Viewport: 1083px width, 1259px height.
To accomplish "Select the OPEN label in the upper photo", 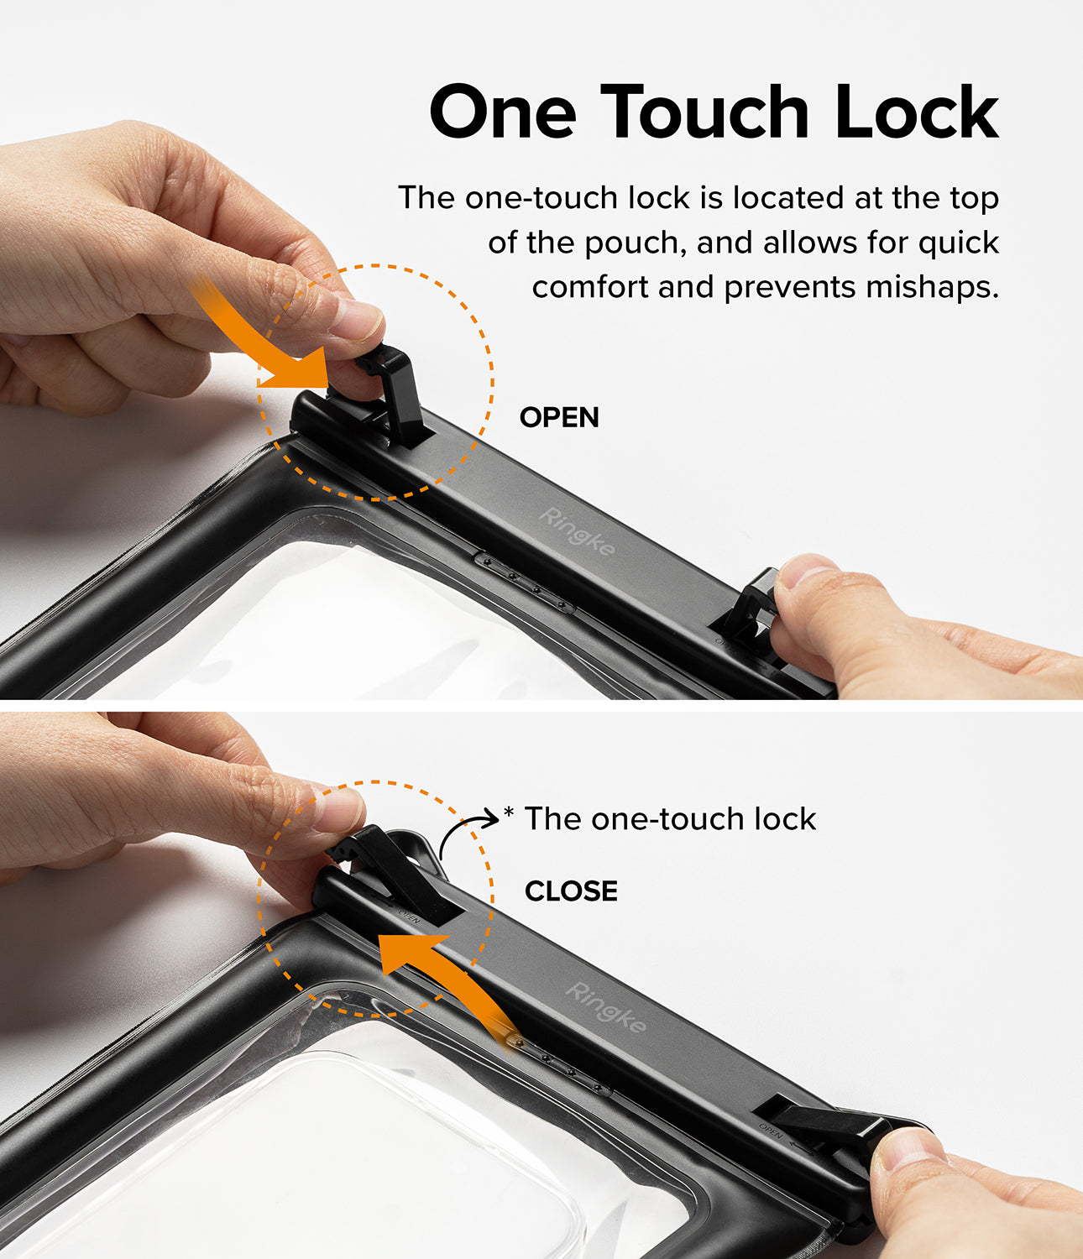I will (559, 417).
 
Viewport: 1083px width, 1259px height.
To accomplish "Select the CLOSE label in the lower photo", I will (571, 891).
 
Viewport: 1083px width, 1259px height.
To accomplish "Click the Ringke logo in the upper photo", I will (577, 531).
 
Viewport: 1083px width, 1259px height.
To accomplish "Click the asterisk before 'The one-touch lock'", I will (508, 812).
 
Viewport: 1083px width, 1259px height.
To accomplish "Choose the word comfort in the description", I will (591, 288).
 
